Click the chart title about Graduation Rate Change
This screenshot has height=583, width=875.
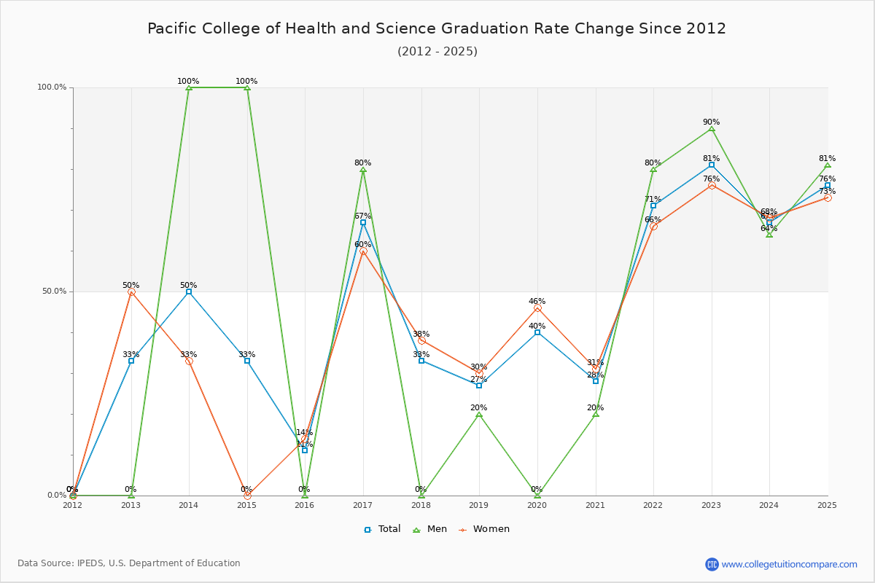tap(437, 28)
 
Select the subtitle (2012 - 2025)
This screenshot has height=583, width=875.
tap(437, 52)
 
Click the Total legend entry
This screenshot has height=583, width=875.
tap(382, 529)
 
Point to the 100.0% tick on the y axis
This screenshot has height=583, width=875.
tap(52, 87)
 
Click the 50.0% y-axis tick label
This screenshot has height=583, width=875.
tap(53, 291)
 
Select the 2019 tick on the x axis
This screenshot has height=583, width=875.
tap(479, 505)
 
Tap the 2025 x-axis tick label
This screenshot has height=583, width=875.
tap(827, 505)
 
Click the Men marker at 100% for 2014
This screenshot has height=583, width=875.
tap(189, 87)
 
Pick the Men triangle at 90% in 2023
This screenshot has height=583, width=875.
tap(712, 128)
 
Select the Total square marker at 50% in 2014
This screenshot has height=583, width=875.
tap(189, 291)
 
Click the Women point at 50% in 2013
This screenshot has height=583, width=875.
tap(131, 291)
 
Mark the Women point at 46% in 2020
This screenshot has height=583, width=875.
tap(537, 308)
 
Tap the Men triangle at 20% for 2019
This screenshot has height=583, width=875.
tap(479, 414)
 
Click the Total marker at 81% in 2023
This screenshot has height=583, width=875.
tap(712, 165)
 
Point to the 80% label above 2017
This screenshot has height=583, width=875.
tap(363, 163)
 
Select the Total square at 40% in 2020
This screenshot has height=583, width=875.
tap(537, 332)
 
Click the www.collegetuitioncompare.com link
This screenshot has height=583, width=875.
tap(789, 564)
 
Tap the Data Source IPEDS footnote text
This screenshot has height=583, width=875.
tap(129, 563)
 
